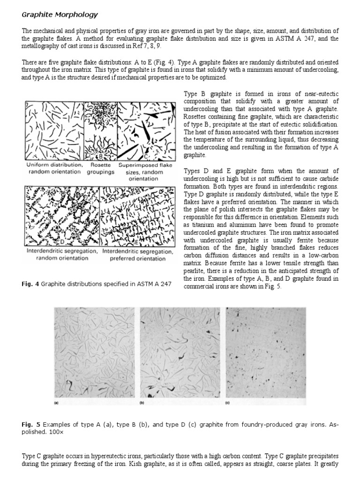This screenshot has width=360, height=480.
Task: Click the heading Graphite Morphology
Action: click(x=60, y=15)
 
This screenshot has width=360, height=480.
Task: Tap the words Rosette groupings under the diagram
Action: click(x=100, y=169)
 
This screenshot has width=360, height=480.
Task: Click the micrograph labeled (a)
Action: click(x=94, y=354)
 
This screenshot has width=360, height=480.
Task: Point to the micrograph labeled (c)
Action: click(x=266, y=354)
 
